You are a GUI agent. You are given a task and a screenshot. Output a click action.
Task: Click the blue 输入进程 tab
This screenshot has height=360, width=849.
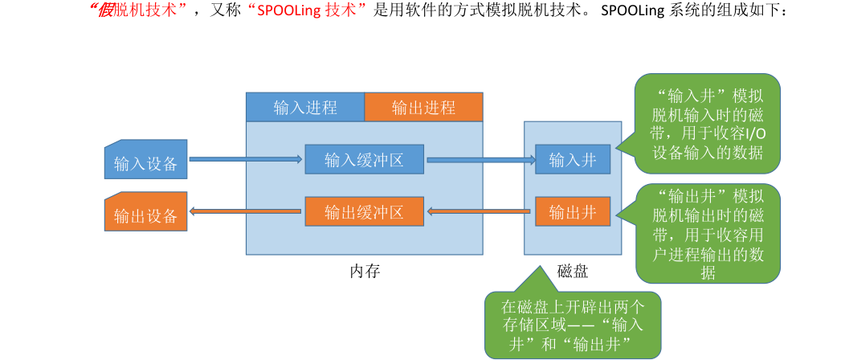click(305, 108)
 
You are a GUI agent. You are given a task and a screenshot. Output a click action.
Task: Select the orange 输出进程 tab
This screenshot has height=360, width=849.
click(423, 108)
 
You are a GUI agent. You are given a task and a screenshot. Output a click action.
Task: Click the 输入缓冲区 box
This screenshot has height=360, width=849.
click(364, 160)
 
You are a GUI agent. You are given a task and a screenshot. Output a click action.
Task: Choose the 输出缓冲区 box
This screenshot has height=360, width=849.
click(364, 212)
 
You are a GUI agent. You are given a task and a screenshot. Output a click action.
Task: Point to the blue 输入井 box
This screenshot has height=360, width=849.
click(573, 160)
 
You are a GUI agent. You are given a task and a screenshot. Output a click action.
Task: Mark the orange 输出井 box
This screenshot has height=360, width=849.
click(573, 212)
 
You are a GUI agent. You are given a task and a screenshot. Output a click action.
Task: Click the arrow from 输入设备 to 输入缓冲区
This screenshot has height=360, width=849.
click(245, 160)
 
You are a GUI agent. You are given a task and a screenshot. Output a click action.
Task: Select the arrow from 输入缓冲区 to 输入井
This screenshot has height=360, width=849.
click(480, 160)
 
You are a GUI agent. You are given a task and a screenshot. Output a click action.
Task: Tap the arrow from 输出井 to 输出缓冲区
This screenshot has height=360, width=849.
click(480, 212)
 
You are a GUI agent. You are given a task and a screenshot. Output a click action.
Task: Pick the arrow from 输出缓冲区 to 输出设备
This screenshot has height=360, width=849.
click(245, 212)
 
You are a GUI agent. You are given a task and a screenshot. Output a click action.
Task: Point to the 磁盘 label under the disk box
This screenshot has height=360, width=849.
click(573, 271)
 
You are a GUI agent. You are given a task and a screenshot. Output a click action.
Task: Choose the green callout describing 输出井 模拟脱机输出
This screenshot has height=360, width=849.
click(708, 233)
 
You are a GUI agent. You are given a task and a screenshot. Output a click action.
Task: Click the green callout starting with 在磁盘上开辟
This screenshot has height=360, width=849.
click(572, 326)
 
